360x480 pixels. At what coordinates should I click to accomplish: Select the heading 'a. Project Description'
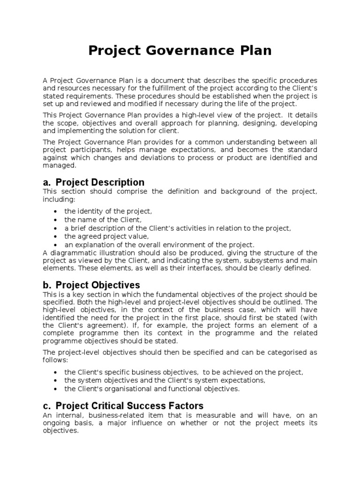tap(93, 182)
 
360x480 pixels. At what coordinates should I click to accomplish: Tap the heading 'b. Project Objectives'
tap(91, 285)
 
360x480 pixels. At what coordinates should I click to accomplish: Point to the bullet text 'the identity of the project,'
tap(108, 211)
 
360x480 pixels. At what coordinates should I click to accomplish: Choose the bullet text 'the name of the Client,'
tap(103, 219)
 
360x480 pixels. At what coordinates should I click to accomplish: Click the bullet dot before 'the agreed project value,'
tap(56, 237)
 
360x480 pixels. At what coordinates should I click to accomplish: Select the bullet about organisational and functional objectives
tap(152, 389)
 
